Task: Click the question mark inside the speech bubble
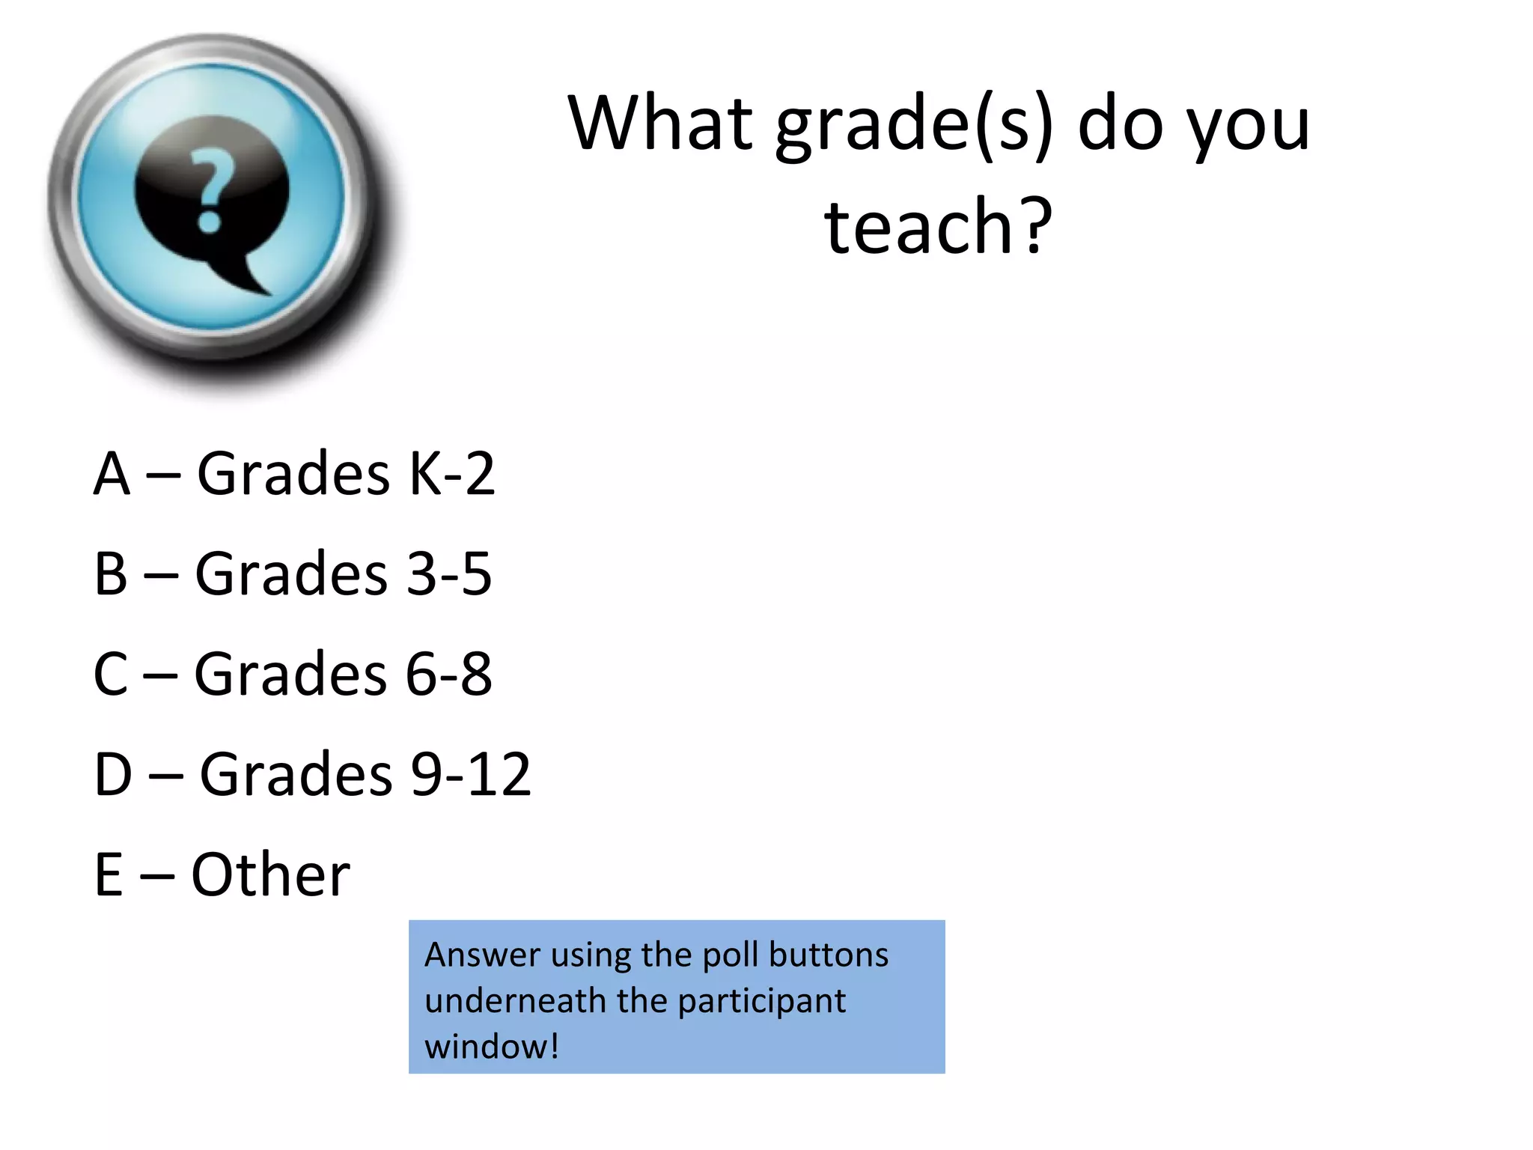coord(210,190)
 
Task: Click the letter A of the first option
coord(112,474)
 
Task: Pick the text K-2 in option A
coord(451,474)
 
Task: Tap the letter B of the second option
coord(111,574)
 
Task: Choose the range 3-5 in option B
coord(448,574)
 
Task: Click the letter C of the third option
coord(111,674)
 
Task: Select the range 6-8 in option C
coord(448,674)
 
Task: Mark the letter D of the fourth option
coord(113,774)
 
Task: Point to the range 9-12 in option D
coord(471,774)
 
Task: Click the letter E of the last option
coord(109,874)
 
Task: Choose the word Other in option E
coord(270,874)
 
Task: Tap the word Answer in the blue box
coord(483,955)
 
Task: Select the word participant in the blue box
coord(761,1001)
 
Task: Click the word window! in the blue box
coord(492,1047)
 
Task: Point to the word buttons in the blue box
coord(829,955)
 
